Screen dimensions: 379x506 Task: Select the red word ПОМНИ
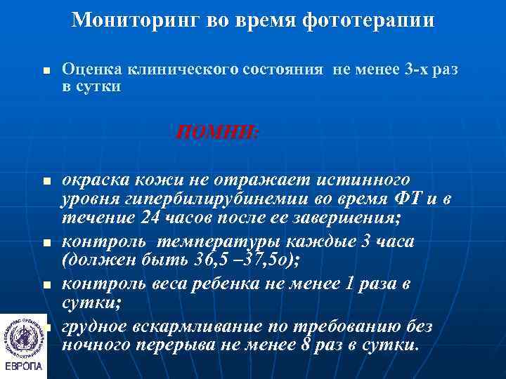pos(216,131)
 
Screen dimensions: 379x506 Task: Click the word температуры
pos(210,241)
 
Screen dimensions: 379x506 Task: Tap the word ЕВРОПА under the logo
pos(24,367)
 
